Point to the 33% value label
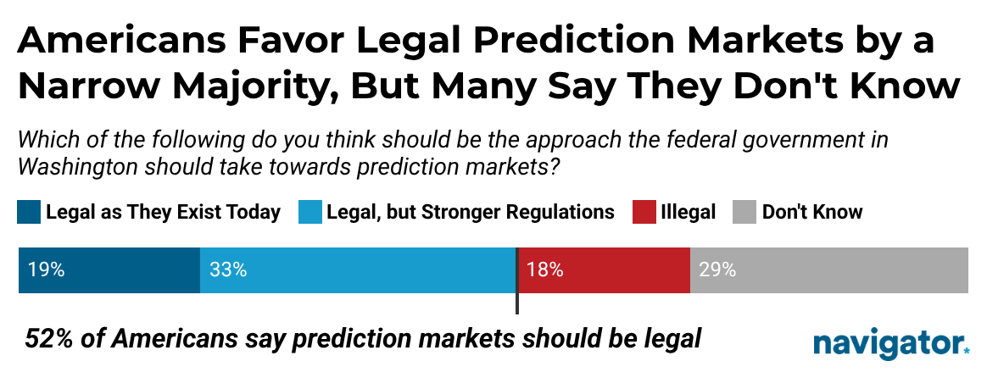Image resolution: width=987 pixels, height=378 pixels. pos(228,270)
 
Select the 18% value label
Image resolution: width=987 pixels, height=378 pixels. pos(545,270)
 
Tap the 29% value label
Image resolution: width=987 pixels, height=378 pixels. pos(717,270)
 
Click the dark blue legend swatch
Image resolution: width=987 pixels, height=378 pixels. pos(28,212)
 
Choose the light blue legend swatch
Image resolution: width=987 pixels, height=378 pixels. pos(309,212)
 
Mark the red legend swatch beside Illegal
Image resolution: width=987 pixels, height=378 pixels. pos(644,212)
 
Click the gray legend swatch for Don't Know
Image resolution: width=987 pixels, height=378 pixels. pos(743,212)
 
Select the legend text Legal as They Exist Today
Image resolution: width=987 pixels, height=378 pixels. pos(163,212)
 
